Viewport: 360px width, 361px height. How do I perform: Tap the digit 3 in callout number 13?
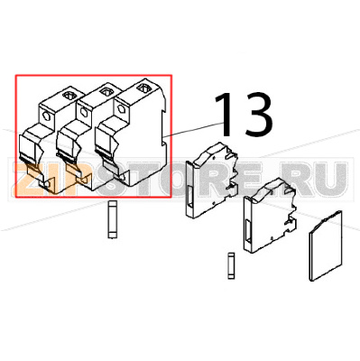click(x=254, y=116)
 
